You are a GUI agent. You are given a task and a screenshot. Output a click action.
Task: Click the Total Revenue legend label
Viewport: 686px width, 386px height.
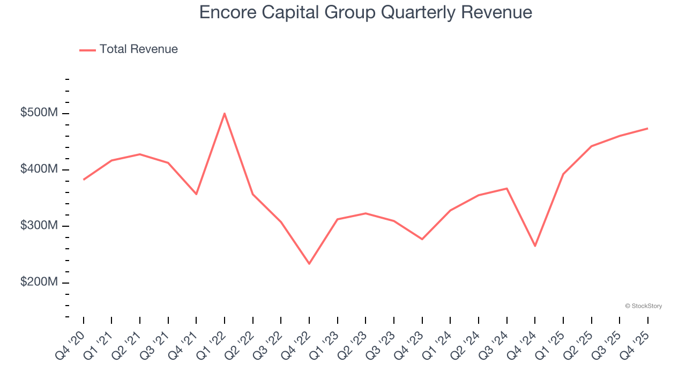pos(138,49)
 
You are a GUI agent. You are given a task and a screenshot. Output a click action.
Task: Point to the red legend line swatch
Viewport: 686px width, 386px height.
pos(87,50)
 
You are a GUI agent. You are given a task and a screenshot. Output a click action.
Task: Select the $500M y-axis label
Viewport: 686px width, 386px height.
pos(39,113)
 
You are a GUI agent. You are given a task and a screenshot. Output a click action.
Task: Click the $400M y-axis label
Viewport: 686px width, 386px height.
pos(39,169)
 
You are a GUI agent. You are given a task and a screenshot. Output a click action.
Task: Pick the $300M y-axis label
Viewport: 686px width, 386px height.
pos(39,226)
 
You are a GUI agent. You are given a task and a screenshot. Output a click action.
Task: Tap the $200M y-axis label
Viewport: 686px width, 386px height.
pos(39,282)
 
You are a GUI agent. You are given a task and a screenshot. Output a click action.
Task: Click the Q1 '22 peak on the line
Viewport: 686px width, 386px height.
pos(225,113)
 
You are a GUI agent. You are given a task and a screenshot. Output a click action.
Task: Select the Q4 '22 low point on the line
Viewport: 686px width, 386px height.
pos(309,264)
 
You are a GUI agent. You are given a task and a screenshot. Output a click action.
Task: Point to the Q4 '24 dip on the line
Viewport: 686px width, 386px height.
pos(535,246)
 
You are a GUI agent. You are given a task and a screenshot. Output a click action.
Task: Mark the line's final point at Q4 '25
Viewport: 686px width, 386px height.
pos(647,128)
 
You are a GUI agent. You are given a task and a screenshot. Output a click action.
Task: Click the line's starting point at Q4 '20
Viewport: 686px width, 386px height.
pos(84,180)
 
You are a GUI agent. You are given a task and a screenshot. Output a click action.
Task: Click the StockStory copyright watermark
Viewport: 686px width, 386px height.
pos(643,306)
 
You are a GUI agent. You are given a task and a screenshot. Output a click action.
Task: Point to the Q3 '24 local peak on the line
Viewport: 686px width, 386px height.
pos(506,188)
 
